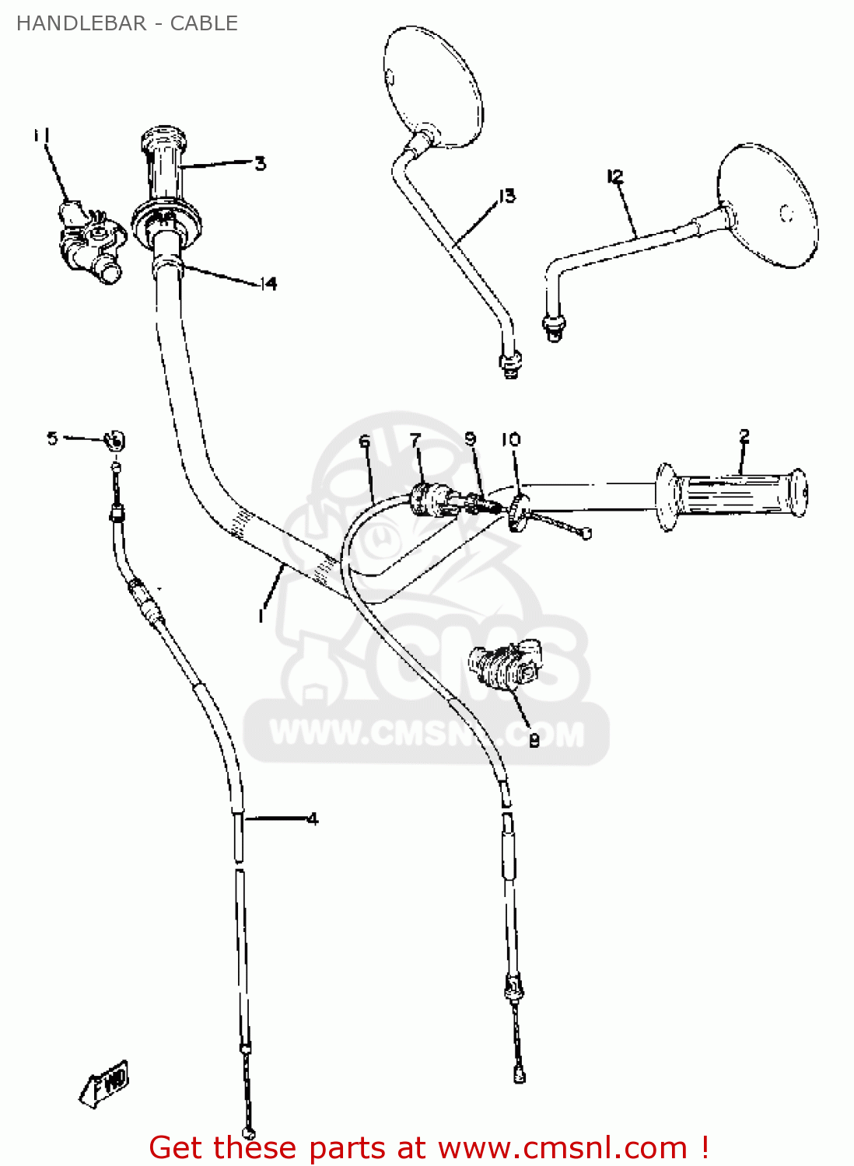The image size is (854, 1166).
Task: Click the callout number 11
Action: tap(42, 136)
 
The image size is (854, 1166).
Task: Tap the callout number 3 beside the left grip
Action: tap(260, 163)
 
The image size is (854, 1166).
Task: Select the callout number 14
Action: tap(268, 284)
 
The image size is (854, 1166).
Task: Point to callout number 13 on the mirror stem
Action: tap(507, 196)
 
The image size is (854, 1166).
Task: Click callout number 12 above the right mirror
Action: tap(615, 177)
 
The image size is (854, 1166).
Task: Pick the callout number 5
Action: tap(52, 438)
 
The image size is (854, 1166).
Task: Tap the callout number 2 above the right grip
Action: tap(744, 436)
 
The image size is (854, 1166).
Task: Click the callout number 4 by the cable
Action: tap(313, 819)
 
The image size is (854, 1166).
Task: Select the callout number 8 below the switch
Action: tap(534, 741)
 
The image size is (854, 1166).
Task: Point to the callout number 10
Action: tap(510, 440)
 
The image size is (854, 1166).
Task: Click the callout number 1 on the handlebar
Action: tap(261, 615)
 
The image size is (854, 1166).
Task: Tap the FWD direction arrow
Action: tap(104, 1084)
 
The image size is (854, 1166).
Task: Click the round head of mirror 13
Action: tap(433, 86)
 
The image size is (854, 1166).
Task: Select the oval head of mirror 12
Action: tap(768, 206)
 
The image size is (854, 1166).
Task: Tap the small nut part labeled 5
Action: tap(114, 442)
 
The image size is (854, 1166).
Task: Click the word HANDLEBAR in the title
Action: tap(81, 23)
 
